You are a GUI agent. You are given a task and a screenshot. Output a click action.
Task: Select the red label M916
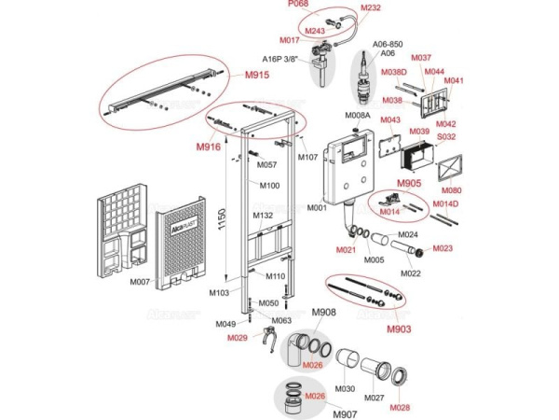[x=209, y=147]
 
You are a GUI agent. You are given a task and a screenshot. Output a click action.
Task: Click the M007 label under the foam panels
[x=140, y=282]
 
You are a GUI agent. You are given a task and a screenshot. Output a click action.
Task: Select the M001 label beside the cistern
[x=318, y=208]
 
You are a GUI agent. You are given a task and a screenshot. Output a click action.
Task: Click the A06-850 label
[x=388, y=44]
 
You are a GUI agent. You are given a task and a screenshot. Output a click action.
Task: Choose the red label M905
[x=411, y=183]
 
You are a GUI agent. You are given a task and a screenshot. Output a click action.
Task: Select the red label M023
[x=443, y=248]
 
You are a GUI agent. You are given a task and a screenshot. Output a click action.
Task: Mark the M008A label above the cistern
[x=358, y=115]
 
